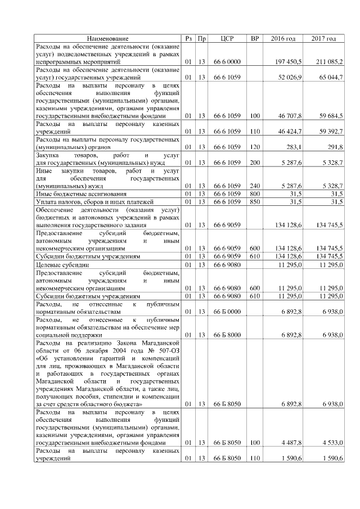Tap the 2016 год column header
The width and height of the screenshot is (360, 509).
click(x=283, y=38)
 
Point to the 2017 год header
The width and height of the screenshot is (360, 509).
click(x=323, y=38)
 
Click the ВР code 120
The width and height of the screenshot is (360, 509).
click(x=255, y=147)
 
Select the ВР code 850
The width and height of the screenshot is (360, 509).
click(x=255, y=201)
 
